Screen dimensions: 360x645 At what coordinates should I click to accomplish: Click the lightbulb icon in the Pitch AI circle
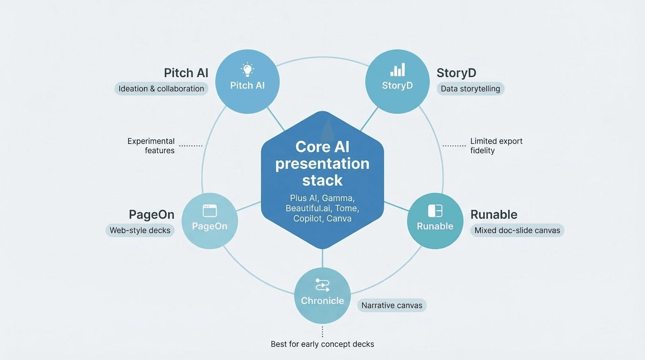pos(247,70)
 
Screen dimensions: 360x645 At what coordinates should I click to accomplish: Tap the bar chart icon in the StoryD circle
pos(397,70)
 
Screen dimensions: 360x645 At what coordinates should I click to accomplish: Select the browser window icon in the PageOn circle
pos(210,210)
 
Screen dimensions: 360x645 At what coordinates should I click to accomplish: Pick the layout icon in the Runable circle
pos(435,210)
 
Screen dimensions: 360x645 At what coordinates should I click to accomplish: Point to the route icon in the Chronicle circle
pos(322,285)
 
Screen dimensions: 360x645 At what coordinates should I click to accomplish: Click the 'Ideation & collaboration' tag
pos(161,89)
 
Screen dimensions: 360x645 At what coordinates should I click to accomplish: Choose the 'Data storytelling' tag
pos(470,89)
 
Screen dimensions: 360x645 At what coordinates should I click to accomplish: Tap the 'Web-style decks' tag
pos(140,231)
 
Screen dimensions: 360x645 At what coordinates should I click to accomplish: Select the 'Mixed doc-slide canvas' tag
pos(517,231)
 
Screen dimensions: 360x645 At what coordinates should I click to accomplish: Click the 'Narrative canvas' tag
pos(392,306)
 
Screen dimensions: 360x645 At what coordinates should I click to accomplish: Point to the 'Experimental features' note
pos(151,146)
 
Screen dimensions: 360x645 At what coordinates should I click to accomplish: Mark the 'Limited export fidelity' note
pos(496,146)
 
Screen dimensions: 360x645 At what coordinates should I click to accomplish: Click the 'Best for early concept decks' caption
pos(322,344)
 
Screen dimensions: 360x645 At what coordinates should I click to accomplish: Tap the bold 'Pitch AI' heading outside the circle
pos(186,73)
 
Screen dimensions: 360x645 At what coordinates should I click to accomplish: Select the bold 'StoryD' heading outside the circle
pos(456,73)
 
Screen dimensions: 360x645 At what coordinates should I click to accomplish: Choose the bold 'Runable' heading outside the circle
pos(494,214)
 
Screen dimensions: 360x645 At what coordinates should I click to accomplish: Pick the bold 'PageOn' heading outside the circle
pos(152,214)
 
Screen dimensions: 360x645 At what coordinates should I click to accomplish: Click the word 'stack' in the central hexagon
pos(322,181)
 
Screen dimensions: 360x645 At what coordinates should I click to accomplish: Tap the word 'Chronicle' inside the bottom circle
pos(322,301)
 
